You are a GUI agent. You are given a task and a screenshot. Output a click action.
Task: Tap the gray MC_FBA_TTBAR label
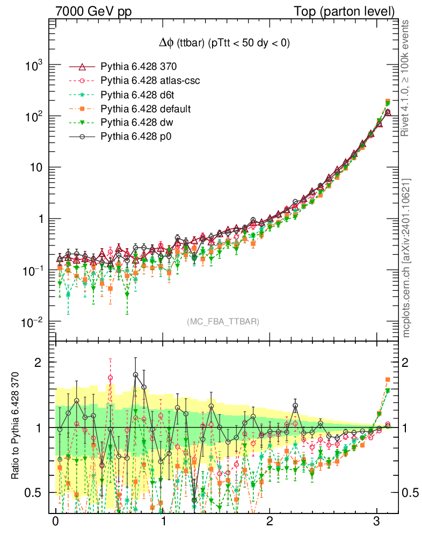coord(223,322)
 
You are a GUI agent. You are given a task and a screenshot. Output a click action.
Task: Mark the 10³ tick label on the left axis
coord(33,66)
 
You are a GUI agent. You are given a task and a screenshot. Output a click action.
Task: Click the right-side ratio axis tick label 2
coord(406,362)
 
